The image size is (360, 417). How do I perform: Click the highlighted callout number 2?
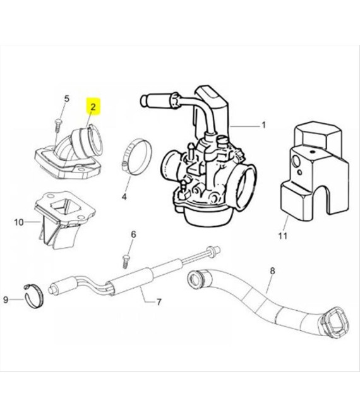pyautogui.click(x=93, y=107)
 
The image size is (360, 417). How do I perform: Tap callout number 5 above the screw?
pyautogui.click(x=66, y=99)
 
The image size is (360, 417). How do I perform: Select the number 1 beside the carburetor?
pyautogui.click(x=263, y=124)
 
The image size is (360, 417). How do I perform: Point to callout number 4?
pyautogui.click(x=124, y=196)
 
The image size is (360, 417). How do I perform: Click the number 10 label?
pyautogui.click(x=18, y=222)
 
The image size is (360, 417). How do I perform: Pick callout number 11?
pyautogui.click(x=282, y=236)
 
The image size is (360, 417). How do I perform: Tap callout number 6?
pyautogui.click(x=133, y=234)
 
